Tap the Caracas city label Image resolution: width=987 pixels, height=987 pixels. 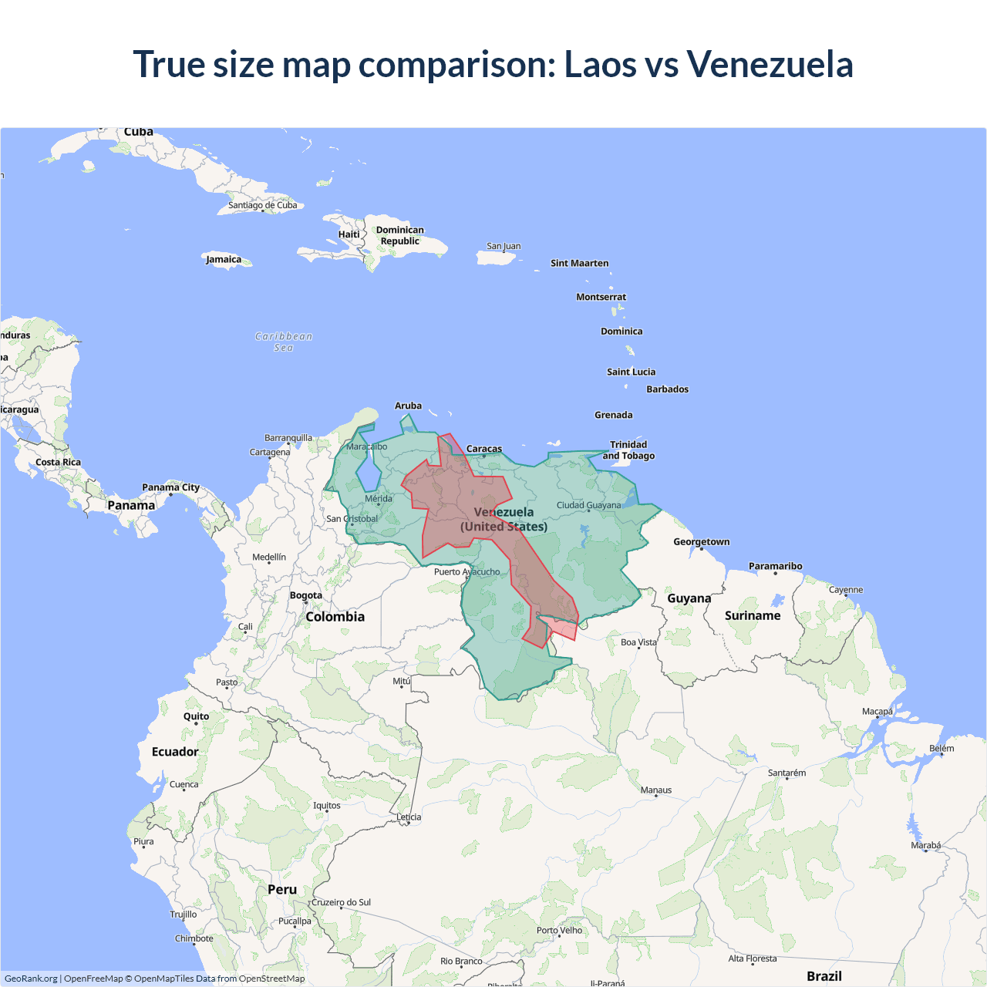point(484,449)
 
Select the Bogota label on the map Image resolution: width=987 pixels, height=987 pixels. point(306,595)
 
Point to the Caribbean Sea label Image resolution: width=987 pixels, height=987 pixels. point(284,342)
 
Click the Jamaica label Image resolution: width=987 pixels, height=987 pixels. point(224,259)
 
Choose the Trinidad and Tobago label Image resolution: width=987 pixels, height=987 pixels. point(628,450)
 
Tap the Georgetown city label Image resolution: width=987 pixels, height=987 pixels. point(701,541)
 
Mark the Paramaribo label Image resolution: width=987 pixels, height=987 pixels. point(775,566)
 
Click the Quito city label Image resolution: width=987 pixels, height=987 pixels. point(196,716)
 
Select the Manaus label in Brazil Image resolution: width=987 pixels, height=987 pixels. point(656,790)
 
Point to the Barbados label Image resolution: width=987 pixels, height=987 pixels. point(667,389)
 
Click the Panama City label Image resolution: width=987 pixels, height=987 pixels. point(170,487)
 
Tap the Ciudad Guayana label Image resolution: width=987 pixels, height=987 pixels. point(588,505)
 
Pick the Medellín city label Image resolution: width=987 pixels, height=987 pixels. point(269,557)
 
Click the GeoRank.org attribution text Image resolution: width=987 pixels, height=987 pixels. point(31,979)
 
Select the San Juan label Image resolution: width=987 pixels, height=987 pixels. point(504,246)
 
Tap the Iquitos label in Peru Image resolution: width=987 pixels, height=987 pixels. point(327,805)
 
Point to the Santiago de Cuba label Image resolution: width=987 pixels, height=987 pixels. point(262,205)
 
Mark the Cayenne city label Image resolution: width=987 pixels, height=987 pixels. point(846,590)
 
